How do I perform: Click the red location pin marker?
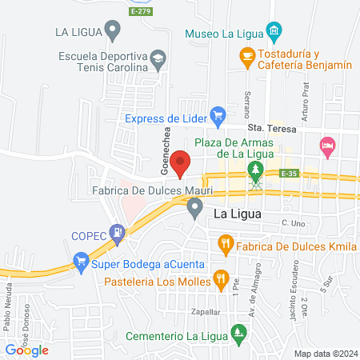point(181,162)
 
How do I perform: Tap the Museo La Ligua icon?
point(274,33)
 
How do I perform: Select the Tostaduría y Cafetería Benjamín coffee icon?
point(247,55)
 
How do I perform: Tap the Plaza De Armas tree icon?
point(255,169)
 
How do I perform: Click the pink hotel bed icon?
point(326,146)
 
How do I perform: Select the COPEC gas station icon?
point(118,234)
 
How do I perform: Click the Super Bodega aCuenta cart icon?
point(80,261)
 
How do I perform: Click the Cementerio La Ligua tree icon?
point(237,331)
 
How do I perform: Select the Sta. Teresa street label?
point(271,129)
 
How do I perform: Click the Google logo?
point(26,349)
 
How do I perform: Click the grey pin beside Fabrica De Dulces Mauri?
point(194,208)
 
